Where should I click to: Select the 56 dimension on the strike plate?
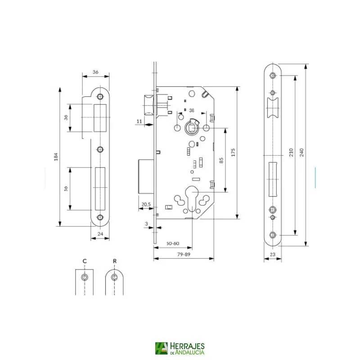(x=66, y=189)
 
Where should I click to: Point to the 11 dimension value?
(x=139, y=121)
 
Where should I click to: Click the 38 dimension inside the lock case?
(x=191, y=110)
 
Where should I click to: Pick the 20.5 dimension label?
(x=146, y=204)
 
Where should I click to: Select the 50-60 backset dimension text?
(x=173, y=243)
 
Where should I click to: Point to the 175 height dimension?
(x=234, y=151)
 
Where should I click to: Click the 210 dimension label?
(x=291, y=153)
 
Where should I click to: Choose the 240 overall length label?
(x=301, y=153)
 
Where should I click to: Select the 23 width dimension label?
(x=272, y=255)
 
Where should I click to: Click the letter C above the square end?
(x=84, y=261)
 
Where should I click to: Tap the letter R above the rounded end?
(x=115, y=261)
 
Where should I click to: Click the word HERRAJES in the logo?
(x=188, y=346)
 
